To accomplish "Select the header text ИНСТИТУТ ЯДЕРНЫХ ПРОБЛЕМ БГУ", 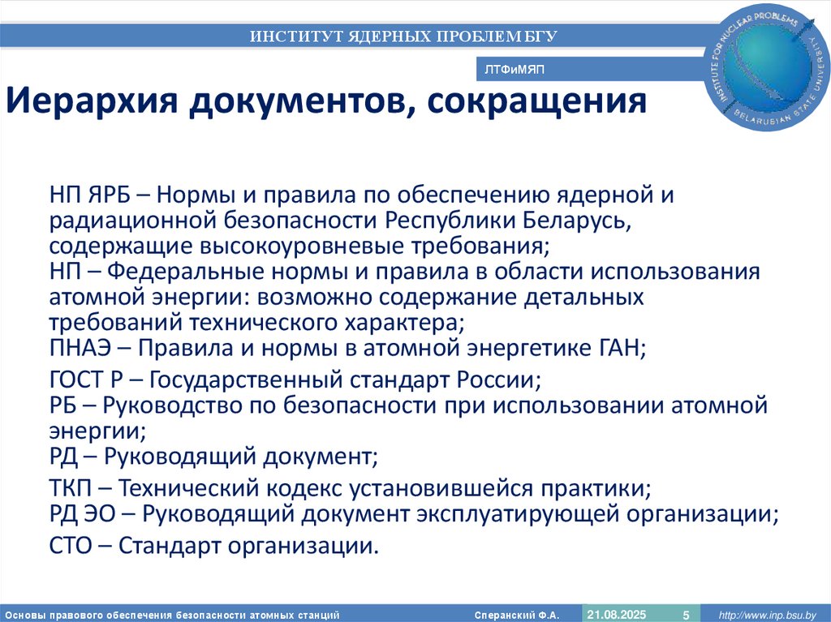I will [403, 36].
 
